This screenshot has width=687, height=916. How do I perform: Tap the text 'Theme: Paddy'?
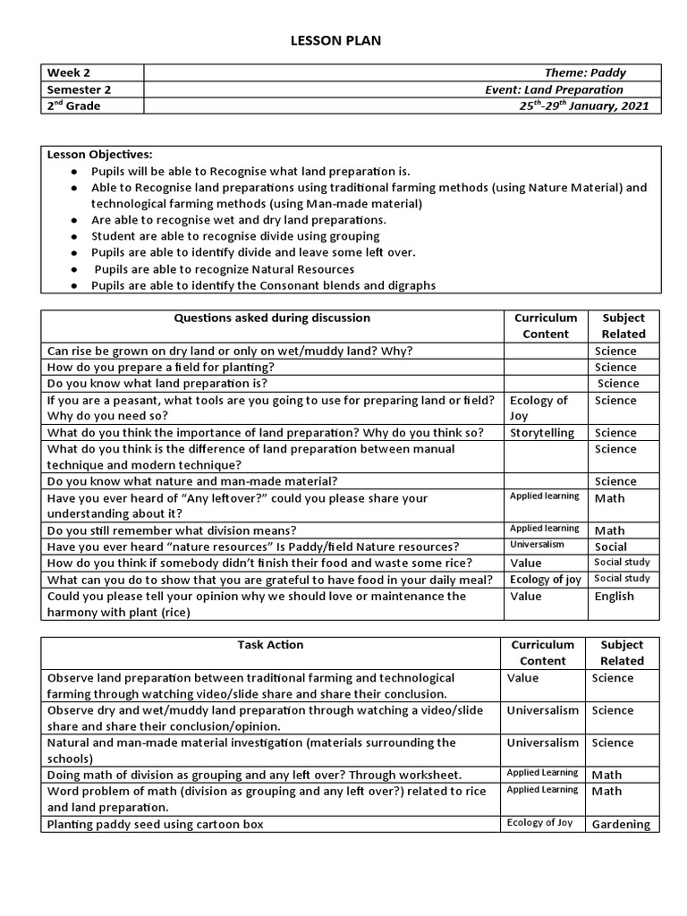[x=585, y=73]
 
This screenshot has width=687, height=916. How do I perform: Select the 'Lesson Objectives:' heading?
[x=99, y=155]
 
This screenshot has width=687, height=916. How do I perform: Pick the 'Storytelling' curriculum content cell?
[x=542, y=433]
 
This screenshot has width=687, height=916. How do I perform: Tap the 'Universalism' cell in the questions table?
[x=539, y=545]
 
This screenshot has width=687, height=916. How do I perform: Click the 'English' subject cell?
[x=614, y=597]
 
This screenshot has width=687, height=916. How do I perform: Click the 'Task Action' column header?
[x=270, y=645]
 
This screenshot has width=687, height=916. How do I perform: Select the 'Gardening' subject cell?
[x=621, y=825]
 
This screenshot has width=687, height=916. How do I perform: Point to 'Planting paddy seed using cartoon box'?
[x=155, y=825]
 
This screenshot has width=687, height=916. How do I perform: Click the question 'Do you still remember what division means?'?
[x=172, y=530]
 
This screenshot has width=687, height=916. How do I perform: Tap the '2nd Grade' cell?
[x=73, y=106]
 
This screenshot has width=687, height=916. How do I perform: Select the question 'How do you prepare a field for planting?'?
[x=160, y=368]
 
